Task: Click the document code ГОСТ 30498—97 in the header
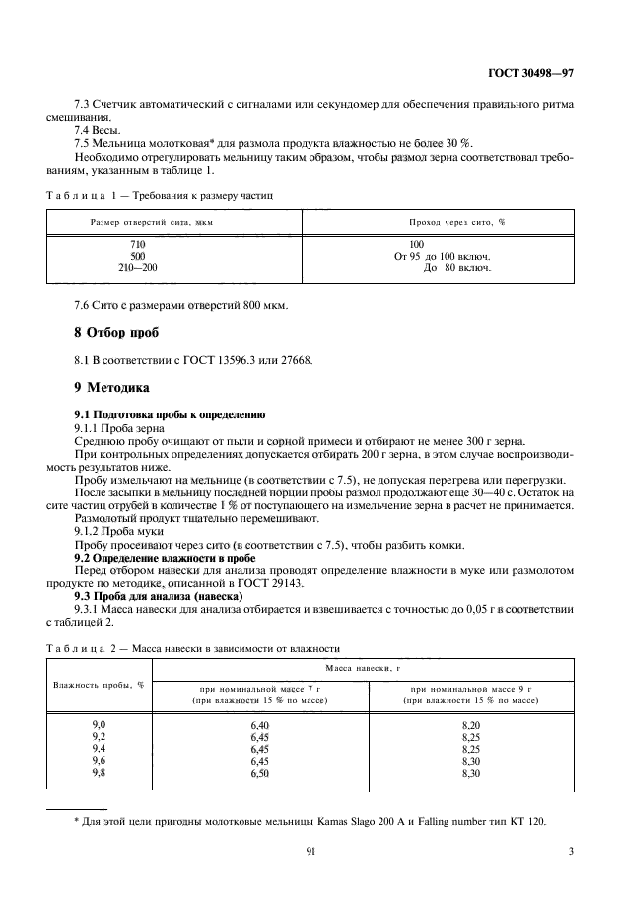click(529, 73)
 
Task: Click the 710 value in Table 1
click(138, 243)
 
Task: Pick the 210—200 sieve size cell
click(138, 267)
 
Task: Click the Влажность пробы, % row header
click(99, 685)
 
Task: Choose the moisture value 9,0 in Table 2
click(99, 725)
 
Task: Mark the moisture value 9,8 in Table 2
click(99, 773)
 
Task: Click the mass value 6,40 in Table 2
click(260, 725)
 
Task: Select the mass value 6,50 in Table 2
click(260, 773)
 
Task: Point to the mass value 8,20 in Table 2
click(471, 725)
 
